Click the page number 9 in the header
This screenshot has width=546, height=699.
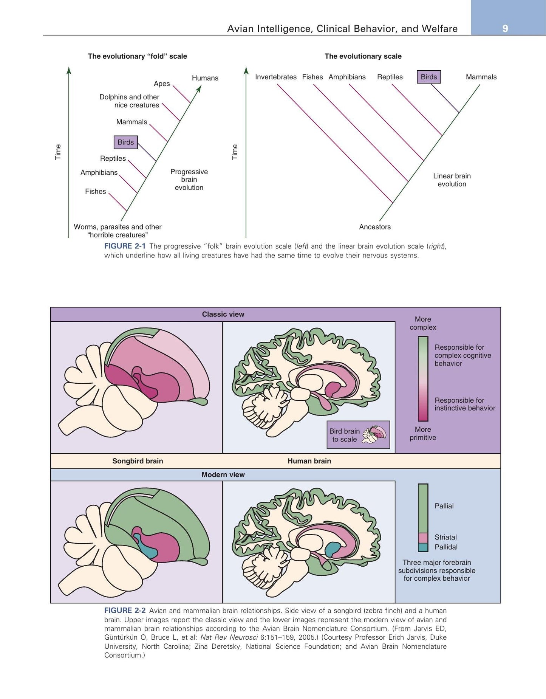(505, 29)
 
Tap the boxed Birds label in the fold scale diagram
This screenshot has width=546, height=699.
(126, 142)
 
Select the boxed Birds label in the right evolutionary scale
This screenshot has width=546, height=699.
(429, 77)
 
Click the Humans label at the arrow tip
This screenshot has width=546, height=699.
(205, 78)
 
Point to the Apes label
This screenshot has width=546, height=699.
(162, 84)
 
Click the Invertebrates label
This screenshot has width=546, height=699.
(276, 77)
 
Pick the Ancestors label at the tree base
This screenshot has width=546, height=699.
(375, 227)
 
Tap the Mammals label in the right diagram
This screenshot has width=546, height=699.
(481, 77)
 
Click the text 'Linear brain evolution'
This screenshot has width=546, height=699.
(452, 180)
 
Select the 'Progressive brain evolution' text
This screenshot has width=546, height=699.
(189, 180)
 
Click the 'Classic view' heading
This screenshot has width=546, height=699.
(223, 314)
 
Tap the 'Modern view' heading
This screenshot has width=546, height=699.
(223, 474)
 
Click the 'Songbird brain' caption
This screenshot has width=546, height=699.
(138, 461)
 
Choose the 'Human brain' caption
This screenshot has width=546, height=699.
(309, 461)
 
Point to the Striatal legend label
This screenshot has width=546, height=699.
(445, 537)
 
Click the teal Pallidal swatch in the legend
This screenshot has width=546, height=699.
(423, 547)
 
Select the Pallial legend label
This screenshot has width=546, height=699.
(444, 506)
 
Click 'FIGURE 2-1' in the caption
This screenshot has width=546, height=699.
(125, 246)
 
